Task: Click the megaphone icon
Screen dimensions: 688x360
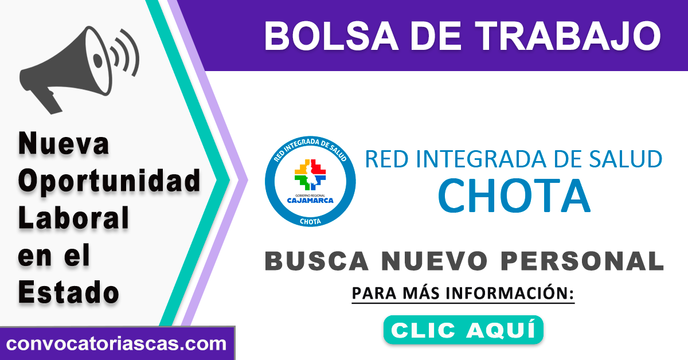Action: coord(66,69)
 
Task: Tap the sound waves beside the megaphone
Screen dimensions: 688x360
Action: coord(125,53)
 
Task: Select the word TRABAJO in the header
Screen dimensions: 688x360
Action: coord(568,36)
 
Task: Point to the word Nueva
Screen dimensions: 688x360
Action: coord(64,143)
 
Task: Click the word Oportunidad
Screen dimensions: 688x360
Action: coord(109,182)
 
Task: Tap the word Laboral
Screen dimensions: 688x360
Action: coord(73,218)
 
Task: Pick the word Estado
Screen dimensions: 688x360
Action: coord(68,292)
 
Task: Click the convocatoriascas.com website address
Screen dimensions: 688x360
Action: coord(116,344)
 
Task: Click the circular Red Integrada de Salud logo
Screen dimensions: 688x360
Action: coord(310,181)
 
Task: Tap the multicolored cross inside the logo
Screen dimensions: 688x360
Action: coord(310,174)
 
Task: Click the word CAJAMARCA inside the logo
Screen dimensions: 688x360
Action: coord(310,201)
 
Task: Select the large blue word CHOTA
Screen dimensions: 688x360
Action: coord(514,195)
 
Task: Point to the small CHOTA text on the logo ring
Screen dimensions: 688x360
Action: coord(310,221)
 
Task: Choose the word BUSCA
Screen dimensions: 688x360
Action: coord(316,261)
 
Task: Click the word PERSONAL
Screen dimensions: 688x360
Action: coord(582,261)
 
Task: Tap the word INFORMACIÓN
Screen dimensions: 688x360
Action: coord(510,293)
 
